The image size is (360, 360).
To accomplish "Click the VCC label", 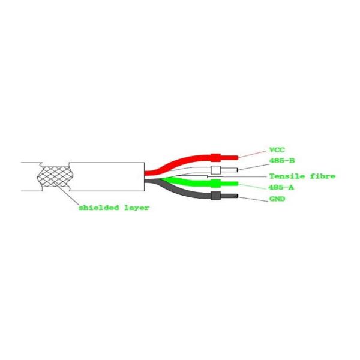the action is [277, 150].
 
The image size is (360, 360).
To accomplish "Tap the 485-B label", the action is [282, 160].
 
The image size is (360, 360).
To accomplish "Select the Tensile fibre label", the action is [302, 176].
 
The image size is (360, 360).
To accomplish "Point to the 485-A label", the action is [281, 188].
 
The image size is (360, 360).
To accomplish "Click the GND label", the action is [277, 199].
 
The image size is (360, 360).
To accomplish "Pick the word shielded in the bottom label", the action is [99, 208].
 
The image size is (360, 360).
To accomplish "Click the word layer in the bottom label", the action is [137, 208].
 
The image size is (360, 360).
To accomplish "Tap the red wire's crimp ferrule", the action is [215, 157].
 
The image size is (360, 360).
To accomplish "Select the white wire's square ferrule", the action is [215, 170].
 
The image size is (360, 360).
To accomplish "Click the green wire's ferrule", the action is [215, 184].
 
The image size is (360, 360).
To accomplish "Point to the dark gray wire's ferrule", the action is [215, 196].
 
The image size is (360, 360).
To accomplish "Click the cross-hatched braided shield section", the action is [55, 176].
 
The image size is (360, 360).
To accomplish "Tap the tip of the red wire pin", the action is [238, 157].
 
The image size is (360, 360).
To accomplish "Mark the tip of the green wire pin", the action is [238, 184].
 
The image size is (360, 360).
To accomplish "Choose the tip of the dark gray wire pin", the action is [238, 196].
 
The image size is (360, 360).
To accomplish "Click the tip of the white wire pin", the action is [238, 170].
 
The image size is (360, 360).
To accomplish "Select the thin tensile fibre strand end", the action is [208, 176].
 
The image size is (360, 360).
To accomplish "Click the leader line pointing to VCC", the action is [253, 154].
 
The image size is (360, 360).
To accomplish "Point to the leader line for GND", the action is [253, 199].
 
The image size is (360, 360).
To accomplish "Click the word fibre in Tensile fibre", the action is [323, 176].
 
